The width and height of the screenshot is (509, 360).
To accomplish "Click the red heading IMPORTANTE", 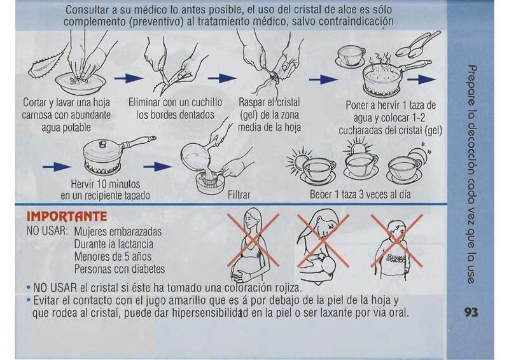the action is pos(67,216).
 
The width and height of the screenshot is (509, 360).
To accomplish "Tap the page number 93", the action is pos(471,312).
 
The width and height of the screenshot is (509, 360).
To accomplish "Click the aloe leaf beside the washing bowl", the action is pos(42,67).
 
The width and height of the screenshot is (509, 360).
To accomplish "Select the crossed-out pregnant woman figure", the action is pos(250,244).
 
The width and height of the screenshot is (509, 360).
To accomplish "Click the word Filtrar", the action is pos(239,195).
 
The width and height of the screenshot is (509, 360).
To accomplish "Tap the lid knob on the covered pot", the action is pos(102,143).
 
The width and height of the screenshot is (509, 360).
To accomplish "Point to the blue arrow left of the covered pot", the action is pos(57,167).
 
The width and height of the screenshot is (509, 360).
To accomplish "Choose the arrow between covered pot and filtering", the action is pos(157,167).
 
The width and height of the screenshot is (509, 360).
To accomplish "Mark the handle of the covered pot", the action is pos(138,142).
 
